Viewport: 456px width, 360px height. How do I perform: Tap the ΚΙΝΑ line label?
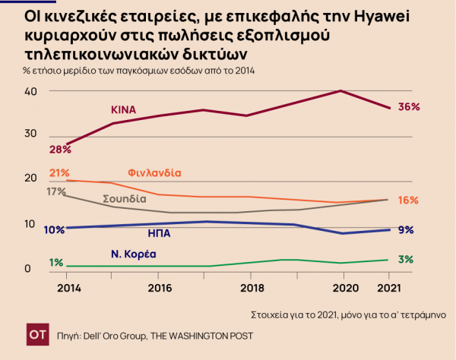coord(122,109)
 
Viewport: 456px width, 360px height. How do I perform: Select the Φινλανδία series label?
coord(154,172)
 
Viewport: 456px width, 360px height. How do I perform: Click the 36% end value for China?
coord(409,107)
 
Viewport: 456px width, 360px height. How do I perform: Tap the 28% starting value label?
coord(62,149)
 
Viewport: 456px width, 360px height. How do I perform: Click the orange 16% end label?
coord(408,200)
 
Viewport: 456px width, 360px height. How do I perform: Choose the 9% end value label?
coord(406,229)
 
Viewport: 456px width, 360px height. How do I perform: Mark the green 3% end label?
coord(406,260)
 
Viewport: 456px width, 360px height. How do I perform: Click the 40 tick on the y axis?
coord(30,91)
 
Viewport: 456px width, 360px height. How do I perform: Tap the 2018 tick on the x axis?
coord(252,289)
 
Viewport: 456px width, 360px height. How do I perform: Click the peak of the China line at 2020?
coord(342,91)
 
